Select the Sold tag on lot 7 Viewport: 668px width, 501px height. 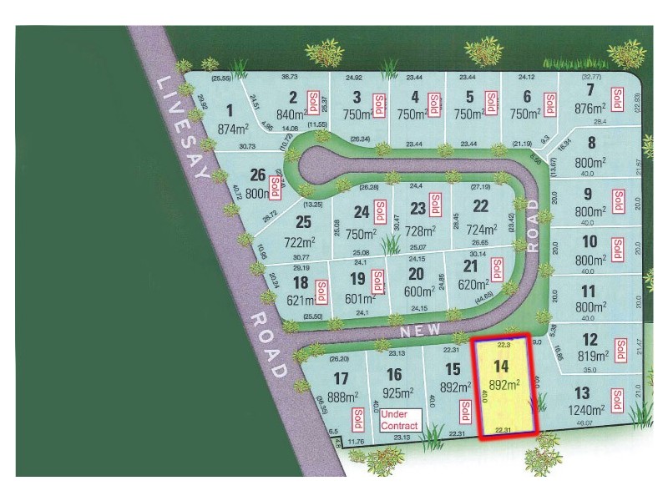(x=618, y=102)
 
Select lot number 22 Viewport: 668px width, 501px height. (x=480, y=205)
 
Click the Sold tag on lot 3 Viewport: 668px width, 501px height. (x=378, y=104)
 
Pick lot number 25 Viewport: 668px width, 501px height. (x=303, y=221)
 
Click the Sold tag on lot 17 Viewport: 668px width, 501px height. (x=357, y=417)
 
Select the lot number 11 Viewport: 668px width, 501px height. (x=589, y=291)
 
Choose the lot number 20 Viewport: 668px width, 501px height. (x=416, y=273)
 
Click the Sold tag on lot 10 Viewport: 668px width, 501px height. (x=618, y=247)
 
